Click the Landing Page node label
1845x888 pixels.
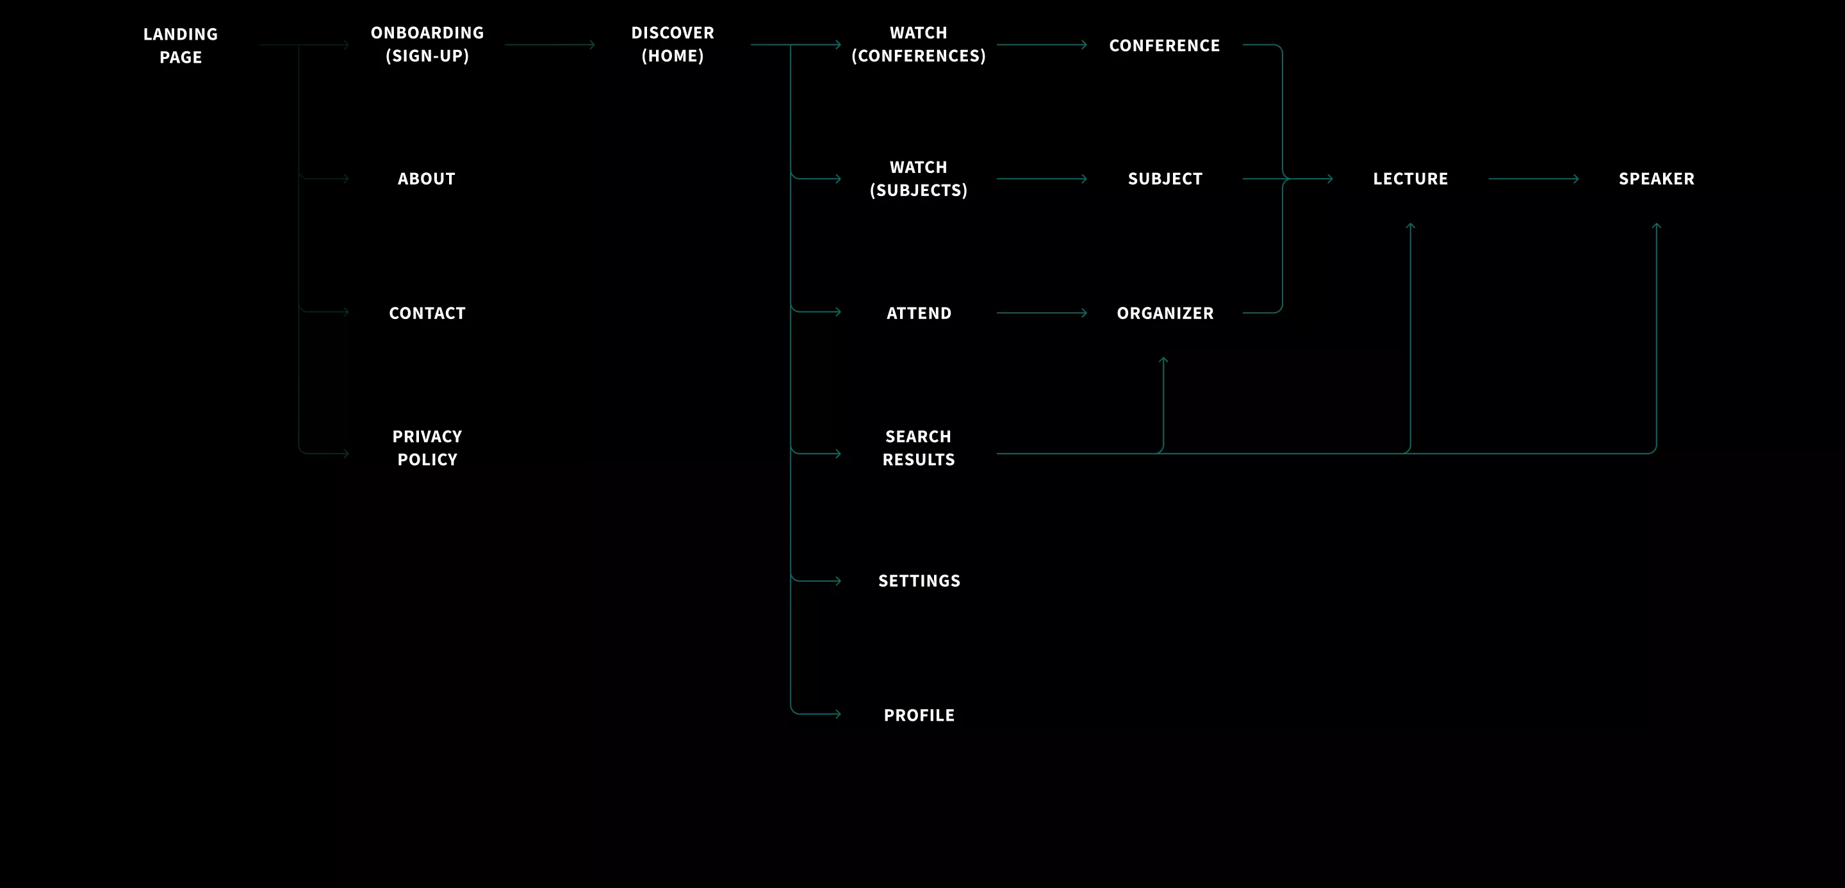click(x=181, y=45)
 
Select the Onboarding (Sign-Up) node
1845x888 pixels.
click(x=427, y=44)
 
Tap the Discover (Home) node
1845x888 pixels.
click(x=673, y=44)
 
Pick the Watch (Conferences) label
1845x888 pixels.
click(x=918, y=44)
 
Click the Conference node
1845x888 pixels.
click(x=1165, y=45)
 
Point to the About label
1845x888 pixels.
click(x=426, y=178)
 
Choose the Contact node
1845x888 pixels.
click(x=427, y=313)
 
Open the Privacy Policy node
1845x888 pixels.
click(x=427, y=448)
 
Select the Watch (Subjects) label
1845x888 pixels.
click(x=918, y=178)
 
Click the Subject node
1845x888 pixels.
click(x=1165, y=178)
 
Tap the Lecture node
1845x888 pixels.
click(x=1410, y=178)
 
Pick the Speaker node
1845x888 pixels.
click(x=1657, y=178)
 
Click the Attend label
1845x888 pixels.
click(x=919, y=313)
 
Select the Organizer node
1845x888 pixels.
click(x=1165, y=313)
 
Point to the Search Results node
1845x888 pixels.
click(x=918, y=448)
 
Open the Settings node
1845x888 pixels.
click(x=919, y=580)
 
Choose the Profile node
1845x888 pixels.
click(x=919, y=716)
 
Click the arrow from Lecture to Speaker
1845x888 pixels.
click(x=1534, y=178)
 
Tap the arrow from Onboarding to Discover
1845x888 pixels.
click(x=550, y=44)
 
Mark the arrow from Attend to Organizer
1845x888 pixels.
click(x=1042, y=313)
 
